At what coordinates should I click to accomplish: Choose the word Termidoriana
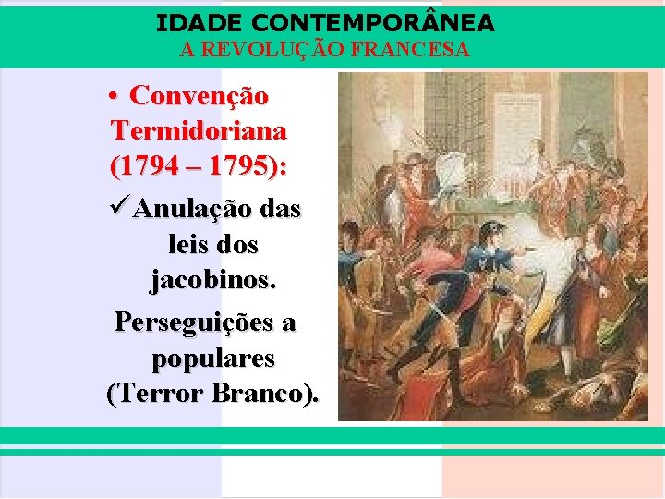click(x=198, y=130)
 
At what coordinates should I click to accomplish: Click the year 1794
click(x=141, y=167)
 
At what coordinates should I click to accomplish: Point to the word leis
click(x=189, y=246)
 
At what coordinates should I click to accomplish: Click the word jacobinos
click(x=212, y=278)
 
